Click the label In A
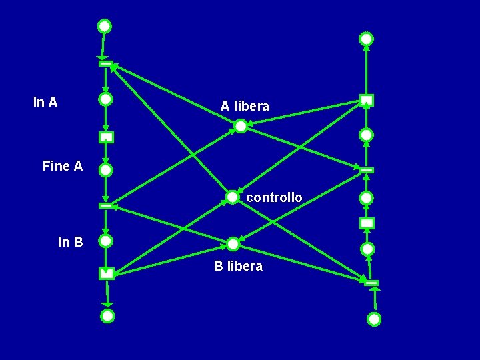45,102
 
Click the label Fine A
63,166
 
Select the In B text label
71,242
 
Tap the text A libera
245,106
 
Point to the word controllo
274,197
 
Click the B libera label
238,266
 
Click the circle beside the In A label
105,99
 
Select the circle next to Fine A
105,170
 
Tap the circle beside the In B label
105,241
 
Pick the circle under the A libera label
241,126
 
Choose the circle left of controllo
232,197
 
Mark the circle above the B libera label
233,244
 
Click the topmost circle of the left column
105,27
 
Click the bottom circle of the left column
107,316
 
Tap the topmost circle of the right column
367,39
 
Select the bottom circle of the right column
374,319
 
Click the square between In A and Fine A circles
106,137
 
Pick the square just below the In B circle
107,273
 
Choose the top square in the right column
367,101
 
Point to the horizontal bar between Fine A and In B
105,205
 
